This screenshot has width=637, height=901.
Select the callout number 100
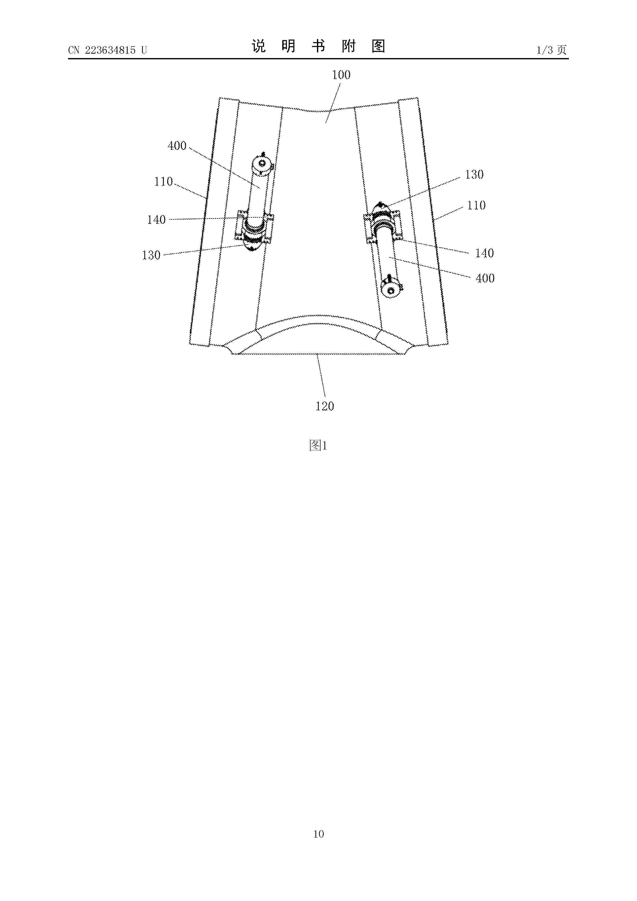pyautogui.click(x=341, y=74)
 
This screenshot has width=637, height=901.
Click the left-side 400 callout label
pyautogui.click(x=177, y=146)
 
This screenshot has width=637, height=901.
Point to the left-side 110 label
pyautogui.click(x=163, y=181)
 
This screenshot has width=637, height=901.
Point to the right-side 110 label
pyautogui.click(x=476, y=205)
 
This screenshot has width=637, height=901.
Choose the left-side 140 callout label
pyautogui.click(x=156, y=220)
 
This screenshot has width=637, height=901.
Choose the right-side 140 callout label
pyautogui.click(x=484, y=253)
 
